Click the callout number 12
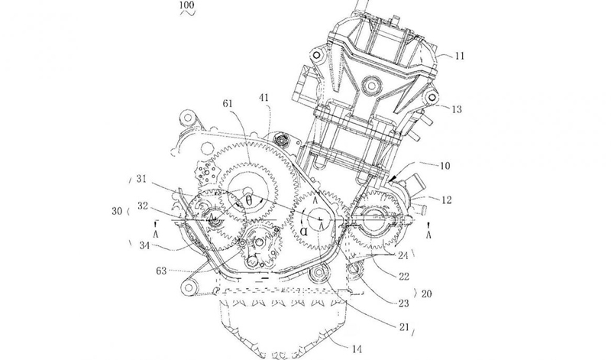[x=447, y=200]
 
